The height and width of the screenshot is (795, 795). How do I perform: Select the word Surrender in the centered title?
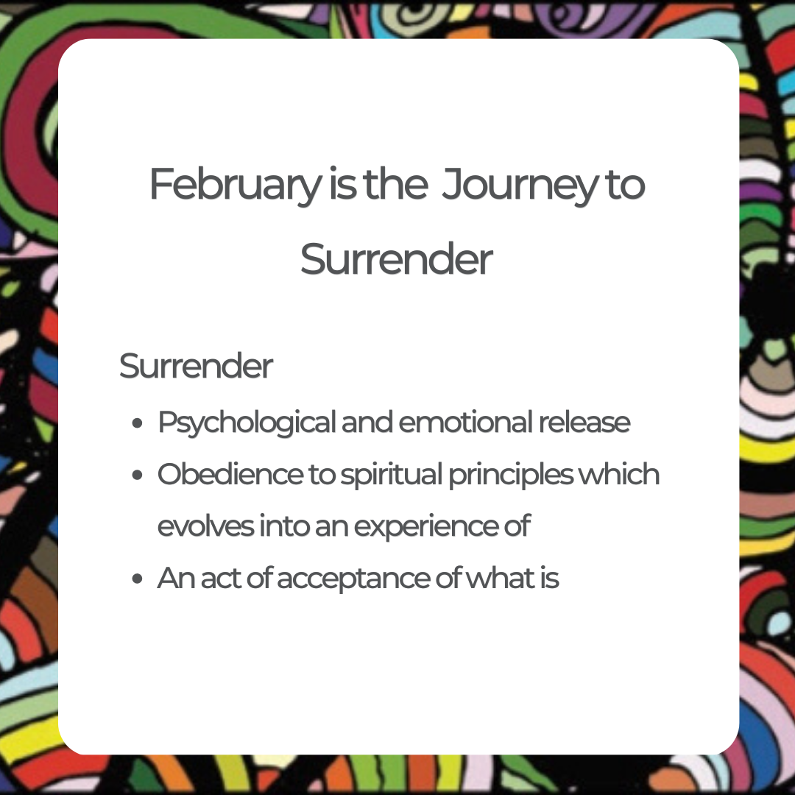click(x=397, y=259)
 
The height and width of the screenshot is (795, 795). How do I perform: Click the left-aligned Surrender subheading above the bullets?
click(x=196, y=366)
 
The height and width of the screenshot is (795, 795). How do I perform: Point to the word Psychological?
click(x=247, y=423)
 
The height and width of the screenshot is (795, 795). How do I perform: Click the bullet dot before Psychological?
click(x=136, y=424)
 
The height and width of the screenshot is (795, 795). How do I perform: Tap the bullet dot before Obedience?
click(x=136, y=476)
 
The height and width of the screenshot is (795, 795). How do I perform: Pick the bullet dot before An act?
click(x=136, y=579)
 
